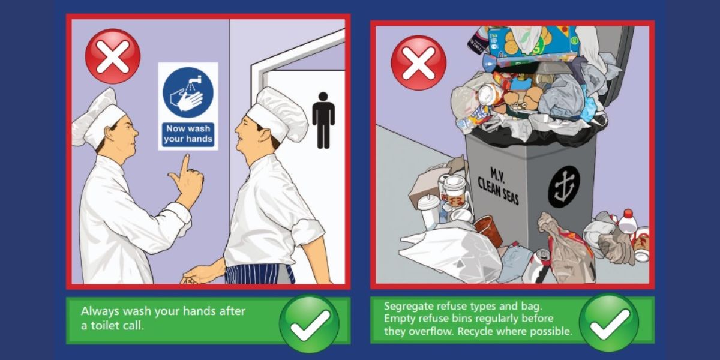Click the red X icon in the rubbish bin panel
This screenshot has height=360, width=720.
[418, 62]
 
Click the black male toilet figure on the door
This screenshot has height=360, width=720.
[323, 119]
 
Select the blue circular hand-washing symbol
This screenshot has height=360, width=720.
[188, 92]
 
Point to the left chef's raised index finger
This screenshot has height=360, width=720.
[185, 163]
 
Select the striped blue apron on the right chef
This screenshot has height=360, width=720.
[258, 273]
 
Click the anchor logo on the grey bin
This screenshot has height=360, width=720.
[563, 186]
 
